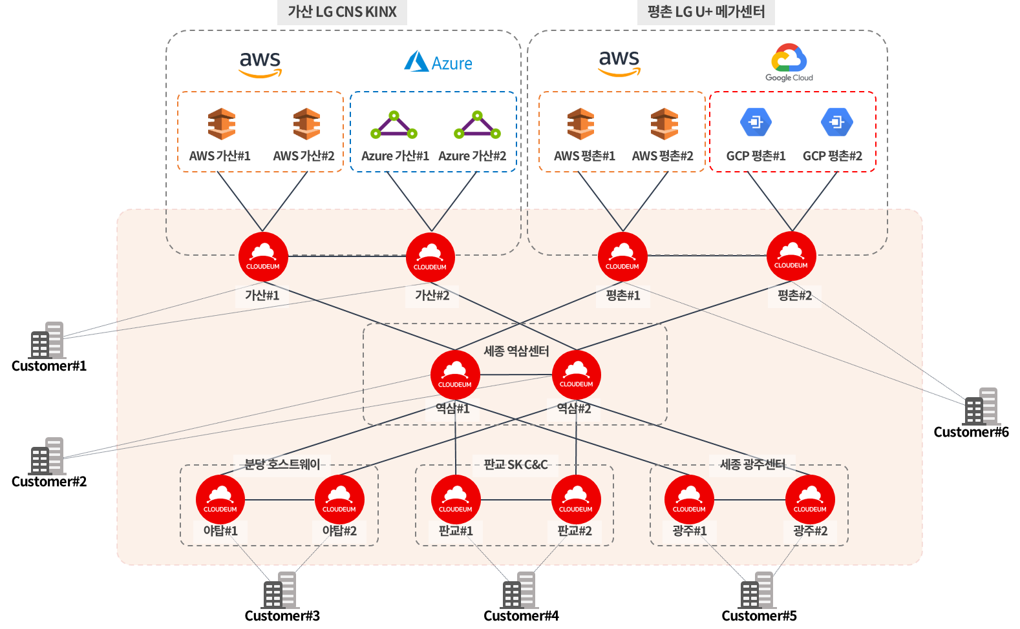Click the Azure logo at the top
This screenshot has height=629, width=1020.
(x=438, y=62)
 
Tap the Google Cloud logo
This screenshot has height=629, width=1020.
(x=789, y=62)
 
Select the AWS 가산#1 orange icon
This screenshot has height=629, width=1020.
(x=221, y=123)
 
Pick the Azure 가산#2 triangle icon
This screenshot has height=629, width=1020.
(x=477, y=125)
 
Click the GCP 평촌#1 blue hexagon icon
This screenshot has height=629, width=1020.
(x=756, y=122)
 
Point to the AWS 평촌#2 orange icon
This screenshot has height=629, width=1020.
(x=664, y=123)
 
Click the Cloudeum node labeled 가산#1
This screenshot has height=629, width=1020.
(x=263, y=256)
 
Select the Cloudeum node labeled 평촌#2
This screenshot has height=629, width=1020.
(x=791, y=256)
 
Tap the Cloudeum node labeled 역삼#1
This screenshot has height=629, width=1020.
(x=455, y=375)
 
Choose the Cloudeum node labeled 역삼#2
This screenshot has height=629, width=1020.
(x=577, y=375)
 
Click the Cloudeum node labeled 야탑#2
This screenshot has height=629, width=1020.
(x=339, y=499)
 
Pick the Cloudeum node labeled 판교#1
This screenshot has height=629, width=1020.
(x=455, y=499)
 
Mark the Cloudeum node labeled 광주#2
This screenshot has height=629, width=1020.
(x=810, y=499)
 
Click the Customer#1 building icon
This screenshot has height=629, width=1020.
(x=47, y=340)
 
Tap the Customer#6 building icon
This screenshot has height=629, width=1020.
(x=981, y=406)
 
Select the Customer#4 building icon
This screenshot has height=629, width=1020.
(x=519, y=590)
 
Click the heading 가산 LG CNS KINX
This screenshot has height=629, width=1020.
(x=342, y=12)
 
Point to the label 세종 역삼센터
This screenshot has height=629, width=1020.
(x=516, y=351)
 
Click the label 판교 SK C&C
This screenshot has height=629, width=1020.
(x=515, y=464)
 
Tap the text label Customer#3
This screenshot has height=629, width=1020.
(x=282, y=615)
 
